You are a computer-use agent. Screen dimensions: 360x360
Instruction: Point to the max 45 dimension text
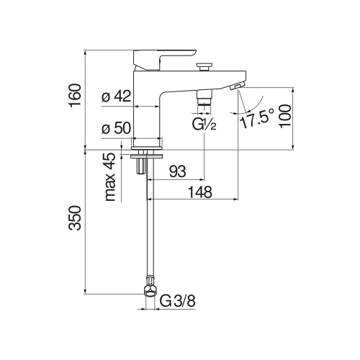pos(109,178)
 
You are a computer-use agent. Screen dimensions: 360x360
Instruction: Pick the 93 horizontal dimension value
pos(177,171)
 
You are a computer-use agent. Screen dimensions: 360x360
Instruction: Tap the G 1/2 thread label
pos(204,125)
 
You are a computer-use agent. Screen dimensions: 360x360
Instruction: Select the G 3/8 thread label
pos(177,300)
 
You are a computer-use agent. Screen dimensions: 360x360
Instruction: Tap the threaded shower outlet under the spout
pos(204,100)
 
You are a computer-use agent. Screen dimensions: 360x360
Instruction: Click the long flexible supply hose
pos(148,230)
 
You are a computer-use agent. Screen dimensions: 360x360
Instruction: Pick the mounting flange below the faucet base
pos(148,153)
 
